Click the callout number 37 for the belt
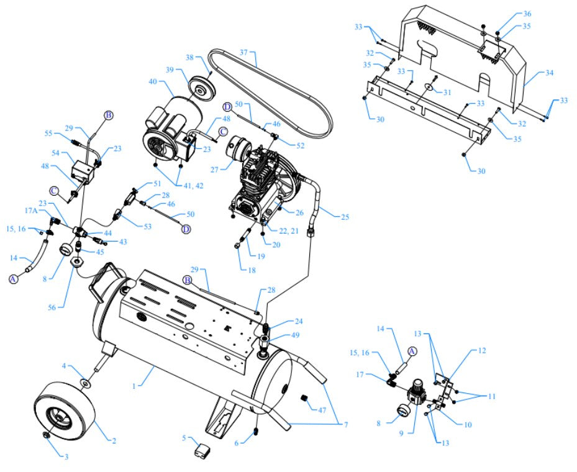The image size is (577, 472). click(243, 52)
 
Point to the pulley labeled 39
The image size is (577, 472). click(200, 87)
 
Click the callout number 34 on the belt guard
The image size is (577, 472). click(548, 73)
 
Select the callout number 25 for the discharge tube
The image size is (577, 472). click(345, 217)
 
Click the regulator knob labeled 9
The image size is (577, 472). click(414, 395)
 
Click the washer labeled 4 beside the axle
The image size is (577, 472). click(85, 381)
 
